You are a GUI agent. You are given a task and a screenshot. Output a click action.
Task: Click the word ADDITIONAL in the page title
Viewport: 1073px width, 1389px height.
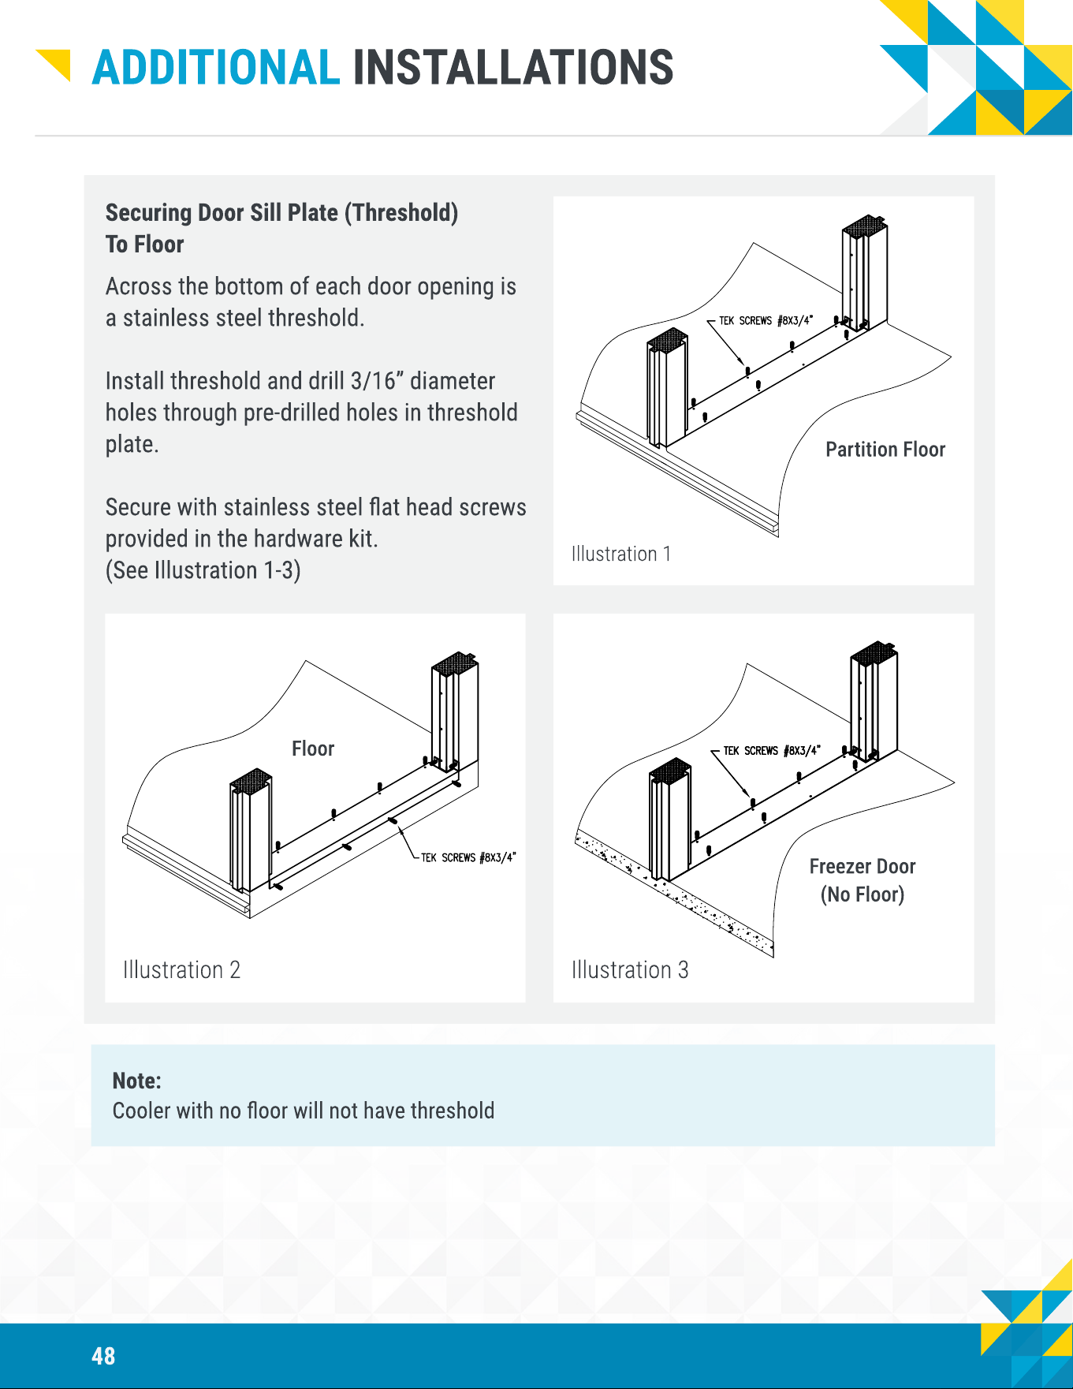(216, 68)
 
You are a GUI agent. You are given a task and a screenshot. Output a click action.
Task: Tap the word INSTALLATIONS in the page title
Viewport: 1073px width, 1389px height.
(513, 68)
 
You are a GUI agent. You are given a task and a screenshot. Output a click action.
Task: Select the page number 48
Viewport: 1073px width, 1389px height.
(103, 1356)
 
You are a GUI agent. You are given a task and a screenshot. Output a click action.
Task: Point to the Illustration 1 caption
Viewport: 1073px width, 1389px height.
(621, 554)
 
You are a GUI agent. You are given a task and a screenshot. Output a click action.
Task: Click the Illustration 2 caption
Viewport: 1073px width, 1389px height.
(181, 969)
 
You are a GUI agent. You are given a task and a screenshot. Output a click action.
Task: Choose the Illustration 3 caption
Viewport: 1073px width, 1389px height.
(630, 969)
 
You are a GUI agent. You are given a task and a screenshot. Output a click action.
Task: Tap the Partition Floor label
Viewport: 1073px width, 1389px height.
(885, 450)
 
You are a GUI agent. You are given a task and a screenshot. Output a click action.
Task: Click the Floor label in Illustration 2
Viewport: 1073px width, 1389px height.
(313, 749)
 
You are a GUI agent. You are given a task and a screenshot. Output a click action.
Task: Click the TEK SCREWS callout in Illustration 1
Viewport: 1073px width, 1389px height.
(766, 320)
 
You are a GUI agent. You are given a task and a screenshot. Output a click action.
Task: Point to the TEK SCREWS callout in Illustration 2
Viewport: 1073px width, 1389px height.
(468, 857)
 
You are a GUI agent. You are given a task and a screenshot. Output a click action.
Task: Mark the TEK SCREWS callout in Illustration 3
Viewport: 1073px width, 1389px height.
(772, 750)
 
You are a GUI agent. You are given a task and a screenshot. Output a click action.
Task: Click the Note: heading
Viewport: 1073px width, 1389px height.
(137, 1081)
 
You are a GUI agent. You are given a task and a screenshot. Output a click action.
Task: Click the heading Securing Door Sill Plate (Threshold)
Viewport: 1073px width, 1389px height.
(281, 213)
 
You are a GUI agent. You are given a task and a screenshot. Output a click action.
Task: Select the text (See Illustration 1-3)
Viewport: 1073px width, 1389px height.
(203, 570)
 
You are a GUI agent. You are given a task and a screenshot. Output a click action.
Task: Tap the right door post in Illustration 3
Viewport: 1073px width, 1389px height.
(874, 702)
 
